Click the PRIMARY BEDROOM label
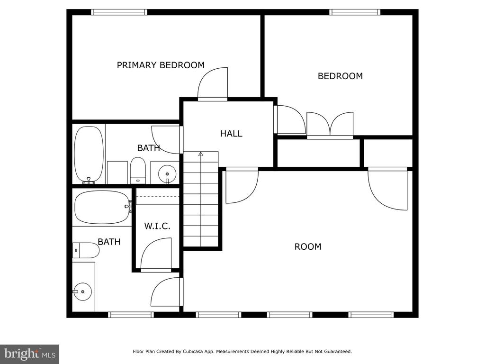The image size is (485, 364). point(161,65)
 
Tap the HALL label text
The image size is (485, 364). point(231,133)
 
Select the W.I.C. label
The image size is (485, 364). point(157,226)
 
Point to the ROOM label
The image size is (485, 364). point(308,246)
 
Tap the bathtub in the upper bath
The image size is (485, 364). point(89,154)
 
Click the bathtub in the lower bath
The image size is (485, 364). point(102,207)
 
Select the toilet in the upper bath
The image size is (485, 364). point(138,171)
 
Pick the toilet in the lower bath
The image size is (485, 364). point(86,250)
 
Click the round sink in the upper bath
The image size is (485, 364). point(167,174)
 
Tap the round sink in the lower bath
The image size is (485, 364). point(82,291)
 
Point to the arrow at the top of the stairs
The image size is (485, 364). point(201,154)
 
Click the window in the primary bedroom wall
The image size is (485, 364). point(119,12)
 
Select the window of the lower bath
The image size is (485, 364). point(131,315)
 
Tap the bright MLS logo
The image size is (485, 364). point(30,354)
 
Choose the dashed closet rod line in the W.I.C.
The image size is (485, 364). point(158,196)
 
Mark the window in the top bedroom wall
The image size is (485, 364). point(354,12)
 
